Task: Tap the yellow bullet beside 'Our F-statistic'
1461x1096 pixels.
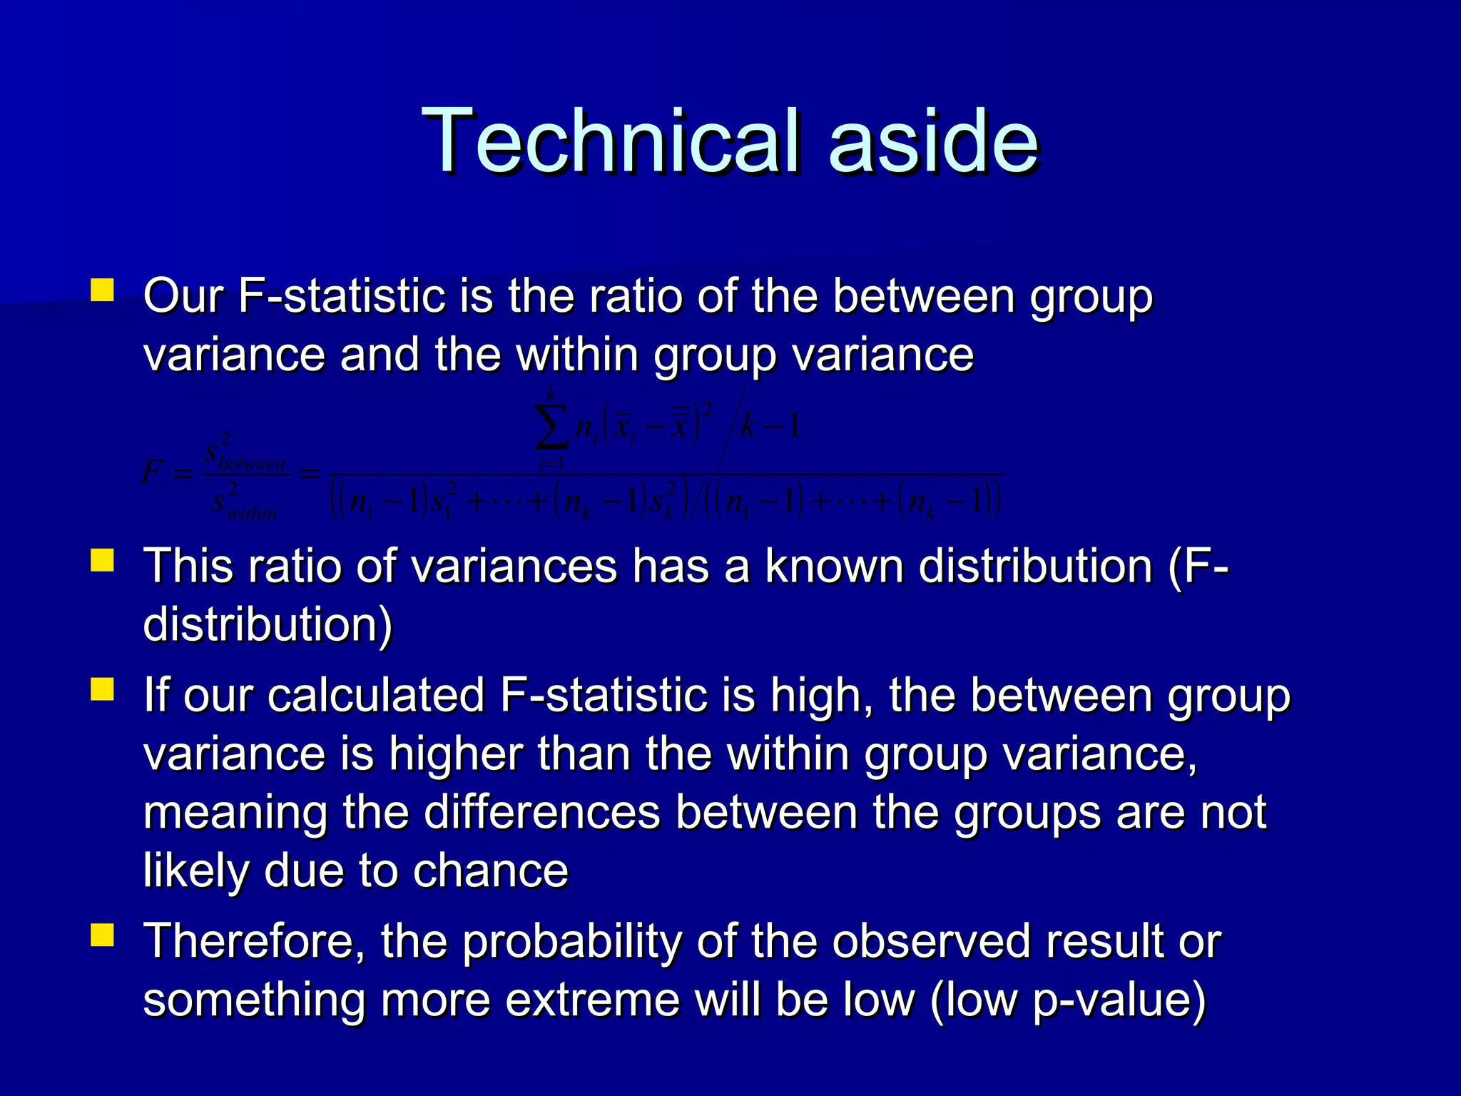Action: coord(102,290)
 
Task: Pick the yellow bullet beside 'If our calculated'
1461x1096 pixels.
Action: coord(102,689)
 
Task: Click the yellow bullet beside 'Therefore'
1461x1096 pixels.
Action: coord(102,935)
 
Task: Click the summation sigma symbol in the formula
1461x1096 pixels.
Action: coord(551,427)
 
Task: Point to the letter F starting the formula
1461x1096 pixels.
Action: coord(151,472)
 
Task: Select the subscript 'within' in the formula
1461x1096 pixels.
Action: coord(252,512)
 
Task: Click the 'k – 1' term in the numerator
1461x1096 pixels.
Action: coord(770,427)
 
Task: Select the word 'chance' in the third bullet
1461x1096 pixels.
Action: coord(490,871)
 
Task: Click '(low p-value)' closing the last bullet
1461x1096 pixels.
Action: coord(1068,1000)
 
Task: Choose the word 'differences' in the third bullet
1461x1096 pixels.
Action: coord(542,812)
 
